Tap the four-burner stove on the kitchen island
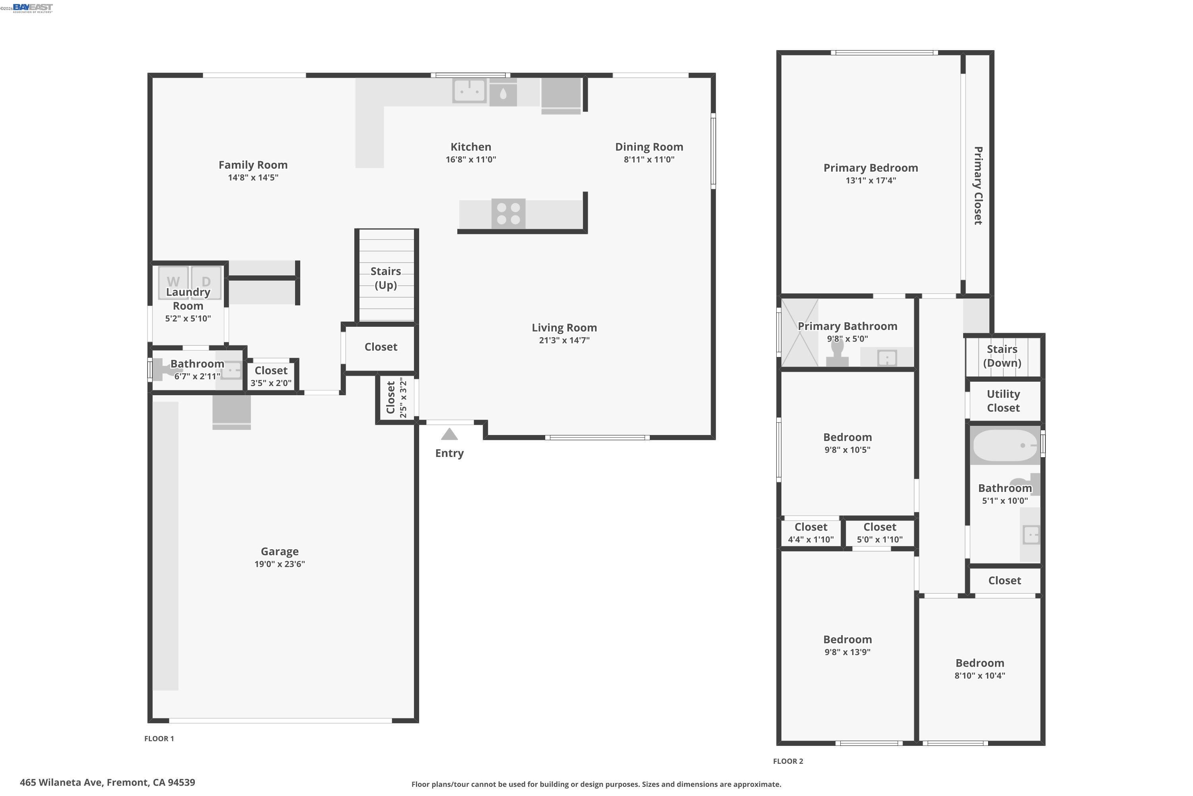pos(508,214)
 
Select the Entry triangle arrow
pos(449,435)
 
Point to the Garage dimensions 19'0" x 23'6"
pos(280,564)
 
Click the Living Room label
pos(564,328)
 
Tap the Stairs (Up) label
pos(385,278)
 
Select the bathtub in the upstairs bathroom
pos(1005,445)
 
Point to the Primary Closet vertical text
pos(977,186)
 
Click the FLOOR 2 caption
pos(788,761)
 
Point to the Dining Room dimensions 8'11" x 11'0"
pos(649,160)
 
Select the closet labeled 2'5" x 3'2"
pos(396,398)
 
